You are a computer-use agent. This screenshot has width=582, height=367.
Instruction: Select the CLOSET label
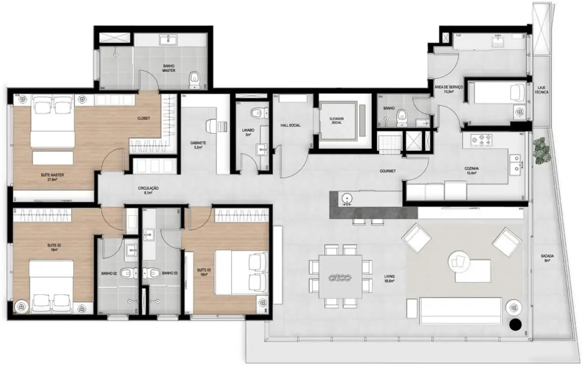(143, 119)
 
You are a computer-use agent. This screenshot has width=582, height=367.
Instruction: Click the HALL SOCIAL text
(291, 125)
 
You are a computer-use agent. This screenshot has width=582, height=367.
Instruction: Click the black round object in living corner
(514, 324)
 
